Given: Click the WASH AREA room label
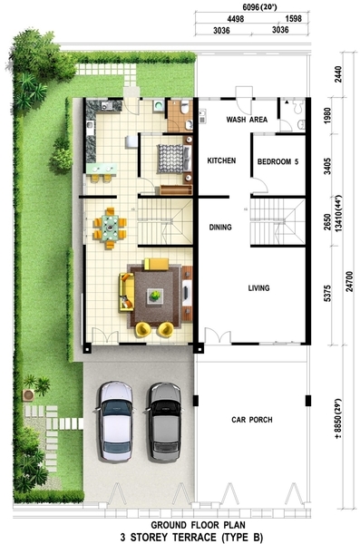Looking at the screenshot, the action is tap(247, 120).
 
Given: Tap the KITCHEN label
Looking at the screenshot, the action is tap(221, 160).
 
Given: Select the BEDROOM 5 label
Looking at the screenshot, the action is tap(277, 161).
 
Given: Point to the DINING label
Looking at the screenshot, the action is tap(220, 228).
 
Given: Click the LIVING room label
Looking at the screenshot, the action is tap(258, 288).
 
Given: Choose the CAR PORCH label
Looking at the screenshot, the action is tap(252, 420).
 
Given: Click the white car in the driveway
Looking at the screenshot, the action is tap(115, 422).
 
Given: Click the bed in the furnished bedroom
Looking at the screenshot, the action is tap(174, 159).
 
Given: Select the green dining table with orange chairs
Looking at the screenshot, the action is tap(110, 228).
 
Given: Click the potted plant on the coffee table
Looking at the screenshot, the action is tap(155, 296).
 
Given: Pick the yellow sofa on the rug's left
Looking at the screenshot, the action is tap(126, 292).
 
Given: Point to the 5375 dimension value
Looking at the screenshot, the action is tap(327, 294).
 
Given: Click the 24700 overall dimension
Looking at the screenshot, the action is tap(349, 281).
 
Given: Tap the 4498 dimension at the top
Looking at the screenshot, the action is tap(236, 19).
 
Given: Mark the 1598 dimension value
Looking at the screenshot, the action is tap(293, 19).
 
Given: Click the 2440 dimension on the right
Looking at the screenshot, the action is tap(338, 74).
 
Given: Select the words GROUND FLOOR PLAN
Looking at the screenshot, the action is tap(199, 525).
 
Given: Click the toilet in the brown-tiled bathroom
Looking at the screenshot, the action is tap(185, 108).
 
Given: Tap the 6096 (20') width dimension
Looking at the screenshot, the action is tap(255, 6).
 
